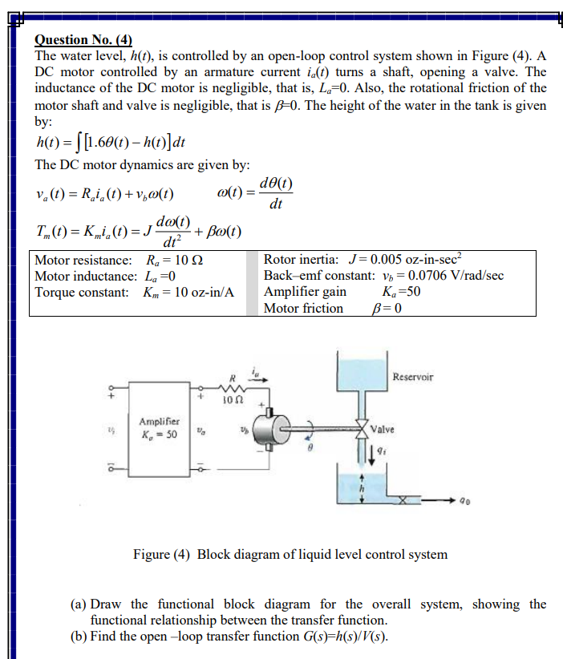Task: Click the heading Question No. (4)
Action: pyautogui.click(x=83, y=40)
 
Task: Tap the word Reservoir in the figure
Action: pyautogui.click(x=413, y=377)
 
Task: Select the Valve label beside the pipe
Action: pyautogui.click(x=383, y=430)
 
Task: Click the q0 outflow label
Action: pyautogui.click(x=464, y=503)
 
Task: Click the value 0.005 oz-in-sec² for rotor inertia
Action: pyautogui.click(x=404, y=260)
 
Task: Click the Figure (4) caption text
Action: pyautogui.click(x=290, y=555)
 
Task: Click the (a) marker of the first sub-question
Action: pyautogui.click(x=79, y=604)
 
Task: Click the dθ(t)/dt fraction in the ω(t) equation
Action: pyautogui.click(x=276, y=194)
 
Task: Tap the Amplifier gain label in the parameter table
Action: pyautogui.click(x=305, y=292)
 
